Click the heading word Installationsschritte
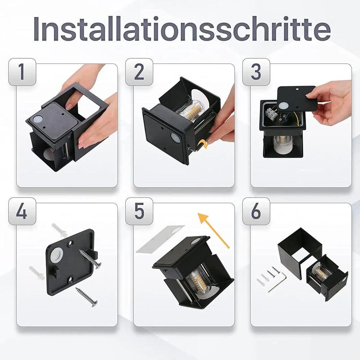182,29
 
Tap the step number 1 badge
22,72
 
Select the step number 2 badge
139,72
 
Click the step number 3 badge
256,72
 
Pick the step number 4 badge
22,211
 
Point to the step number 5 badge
139,211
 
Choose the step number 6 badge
256,211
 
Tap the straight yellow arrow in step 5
214,230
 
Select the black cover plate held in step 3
297,98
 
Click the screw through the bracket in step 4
90,259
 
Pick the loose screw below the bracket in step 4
86,297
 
